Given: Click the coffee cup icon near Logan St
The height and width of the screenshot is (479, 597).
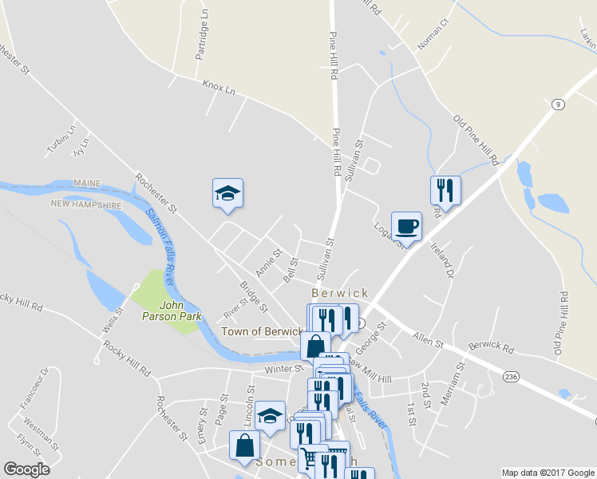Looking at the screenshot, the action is [x=406, y=226].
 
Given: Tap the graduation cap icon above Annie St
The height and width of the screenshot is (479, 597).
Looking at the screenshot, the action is [x=227, y=193].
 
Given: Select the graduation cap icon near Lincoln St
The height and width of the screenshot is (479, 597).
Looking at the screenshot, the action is [x=270, y=415].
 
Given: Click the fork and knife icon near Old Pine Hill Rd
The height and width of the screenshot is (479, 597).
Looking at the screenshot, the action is [x=445, y=190].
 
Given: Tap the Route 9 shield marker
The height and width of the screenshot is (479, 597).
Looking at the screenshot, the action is [x=558, y=104].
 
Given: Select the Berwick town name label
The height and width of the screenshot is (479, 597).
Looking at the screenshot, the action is [x=340, y=293].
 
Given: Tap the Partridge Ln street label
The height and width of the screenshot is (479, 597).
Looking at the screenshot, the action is [x=203, y=36].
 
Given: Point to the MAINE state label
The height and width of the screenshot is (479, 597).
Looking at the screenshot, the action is [x=88, y=183].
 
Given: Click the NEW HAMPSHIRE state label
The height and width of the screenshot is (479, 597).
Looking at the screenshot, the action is [x=86, y=204].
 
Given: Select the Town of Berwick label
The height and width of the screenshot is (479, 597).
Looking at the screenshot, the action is [x=262, y=331].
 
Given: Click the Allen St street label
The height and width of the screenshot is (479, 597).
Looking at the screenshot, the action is [x=428, y=341].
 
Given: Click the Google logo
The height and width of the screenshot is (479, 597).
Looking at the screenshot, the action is [x=26, y=469].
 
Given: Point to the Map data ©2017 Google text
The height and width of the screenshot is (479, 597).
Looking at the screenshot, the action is [x=548, y=473].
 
